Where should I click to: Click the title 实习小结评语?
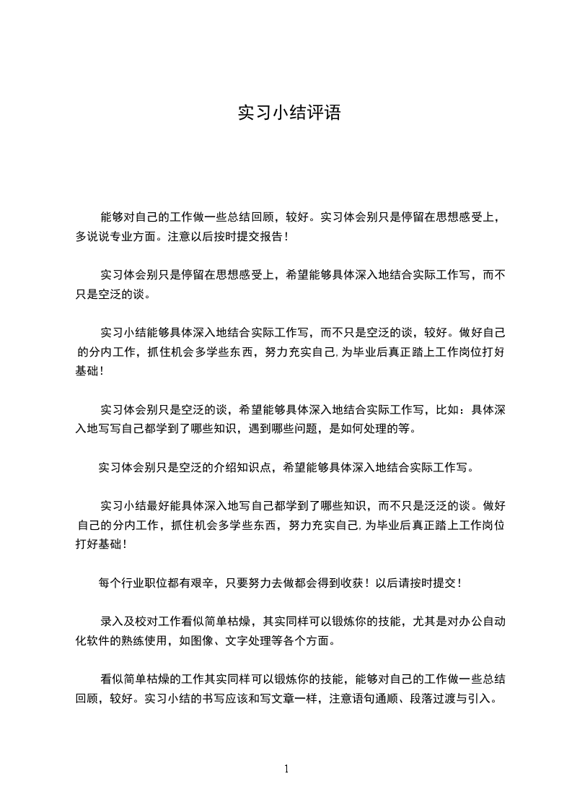pyautogui.click(x=289, y=113)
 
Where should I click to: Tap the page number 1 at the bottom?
pyautogui.click(x=286, y=768)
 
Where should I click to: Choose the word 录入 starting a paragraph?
pyautogui.click(x=113, y=620)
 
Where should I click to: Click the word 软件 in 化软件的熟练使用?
pyautogui.click(x=101, y=640)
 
